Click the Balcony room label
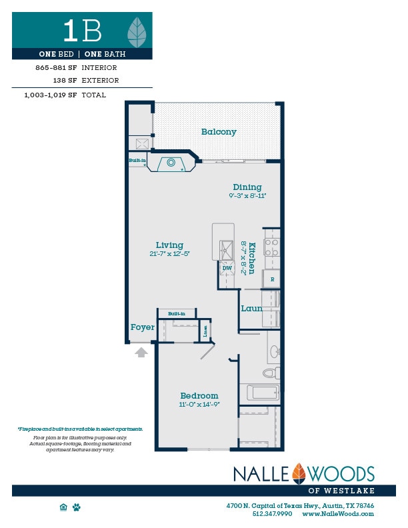[219, 132]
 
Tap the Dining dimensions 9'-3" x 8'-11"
[247, 196]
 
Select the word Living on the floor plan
[169, 245]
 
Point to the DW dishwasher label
[227, 268]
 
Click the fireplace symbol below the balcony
[171, 162]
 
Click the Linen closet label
[205, 331]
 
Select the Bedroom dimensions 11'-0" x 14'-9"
[199, 405]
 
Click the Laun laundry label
[251, 309]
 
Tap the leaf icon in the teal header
[137, 31]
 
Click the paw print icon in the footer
[77, 507]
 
